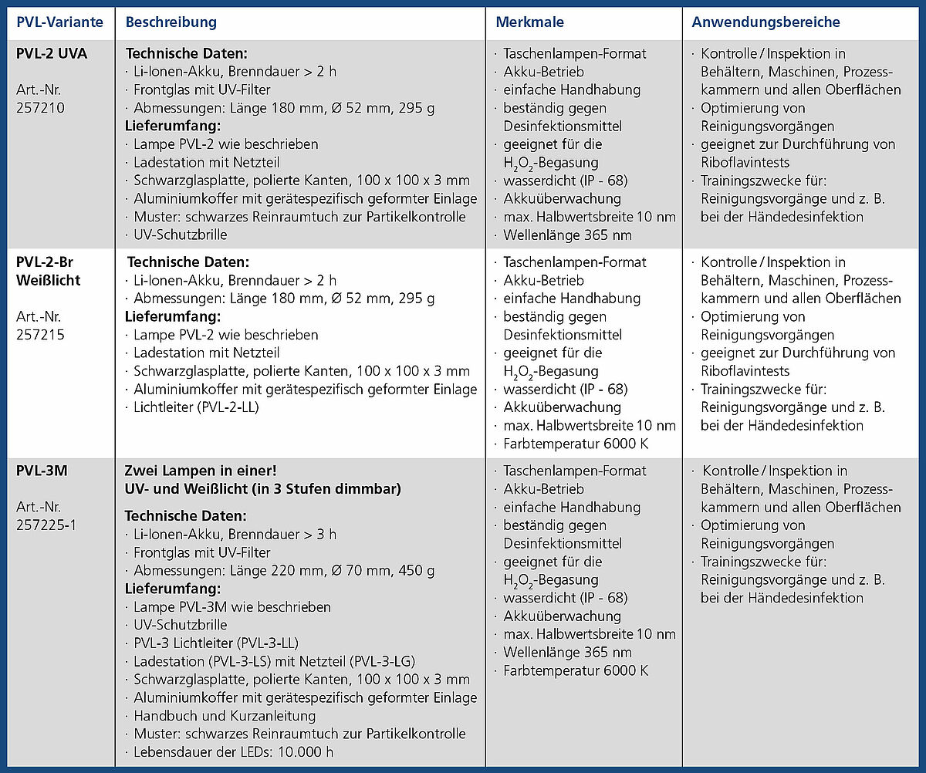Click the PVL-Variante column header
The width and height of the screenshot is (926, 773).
pos(59,22)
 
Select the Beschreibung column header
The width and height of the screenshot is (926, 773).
pos(171,22)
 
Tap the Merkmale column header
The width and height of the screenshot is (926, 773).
pos(529,22)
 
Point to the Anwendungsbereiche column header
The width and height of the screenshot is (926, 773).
pos(765,22)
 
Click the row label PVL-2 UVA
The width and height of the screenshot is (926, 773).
pos(52,53)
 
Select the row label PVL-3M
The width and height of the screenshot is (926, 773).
pos(42,471)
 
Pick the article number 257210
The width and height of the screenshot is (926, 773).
pos(40,108)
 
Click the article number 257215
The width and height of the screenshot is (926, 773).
pos(40,335)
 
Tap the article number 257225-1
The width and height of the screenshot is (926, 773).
pos(46,525)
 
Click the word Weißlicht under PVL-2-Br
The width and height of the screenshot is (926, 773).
pos(48,280)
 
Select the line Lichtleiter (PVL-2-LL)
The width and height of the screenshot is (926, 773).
pos(196,407)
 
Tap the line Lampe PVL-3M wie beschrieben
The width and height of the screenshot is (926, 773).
pos(231,607)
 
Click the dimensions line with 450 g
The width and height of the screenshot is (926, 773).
pos(284,571)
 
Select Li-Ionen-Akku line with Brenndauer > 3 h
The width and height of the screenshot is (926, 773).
pos(235,535)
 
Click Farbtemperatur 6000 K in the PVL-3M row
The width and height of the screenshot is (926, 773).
pos(576,670)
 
